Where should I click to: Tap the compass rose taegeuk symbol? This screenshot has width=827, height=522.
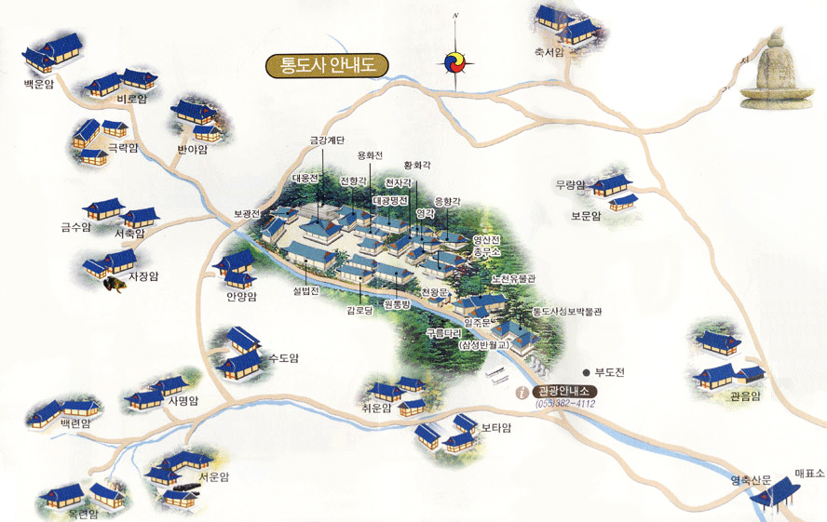pos(455,63)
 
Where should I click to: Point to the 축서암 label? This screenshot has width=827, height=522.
pos(549,53)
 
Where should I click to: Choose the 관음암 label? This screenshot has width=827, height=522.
pos(744,395)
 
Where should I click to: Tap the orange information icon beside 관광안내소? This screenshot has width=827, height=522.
pos(522,392)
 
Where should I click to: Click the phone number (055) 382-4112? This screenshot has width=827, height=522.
pos(566,405)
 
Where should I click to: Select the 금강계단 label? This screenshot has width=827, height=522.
pos(328,141)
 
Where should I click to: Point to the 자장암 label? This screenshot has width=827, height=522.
pos(143,276)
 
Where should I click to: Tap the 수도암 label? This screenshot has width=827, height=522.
pos(281,356)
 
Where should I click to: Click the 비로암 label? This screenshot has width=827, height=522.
pos(132,99)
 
